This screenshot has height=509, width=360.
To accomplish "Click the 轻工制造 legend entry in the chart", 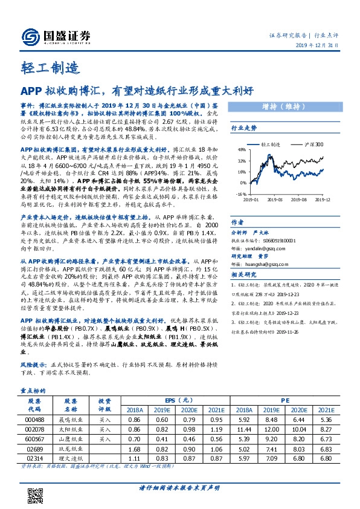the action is click(272, 145).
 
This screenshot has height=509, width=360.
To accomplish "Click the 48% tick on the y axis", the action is click(240, 150).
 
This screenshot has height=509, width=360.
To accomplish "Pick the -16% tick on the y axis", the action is click(240, 193).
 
